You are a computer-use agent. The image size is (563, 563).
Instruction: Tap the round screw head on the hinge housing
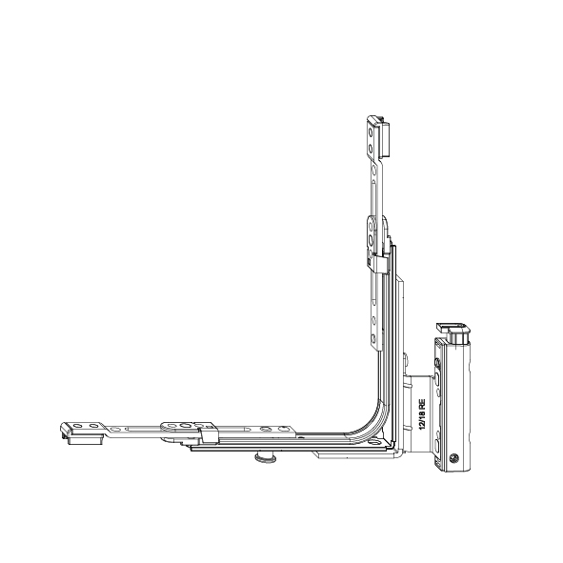coord(453,458)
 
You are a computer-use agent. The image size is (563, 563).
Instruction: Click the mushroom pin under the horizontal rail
coord(264,457)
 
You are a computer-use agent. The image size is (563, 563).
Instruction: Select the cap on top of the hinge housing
coord(453,332)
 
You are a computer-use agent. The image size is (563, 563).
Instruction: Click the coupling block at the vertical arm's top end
coord(384,138)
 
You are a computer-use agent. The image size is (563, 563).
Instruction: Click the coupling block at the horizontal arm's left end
coord(83,439)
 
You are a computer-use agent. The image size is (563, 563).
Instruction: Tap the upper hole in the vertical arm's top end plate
coord(371,132)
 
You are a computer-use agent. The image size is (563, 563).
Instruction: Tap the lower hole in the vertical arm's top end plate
coord(371,148)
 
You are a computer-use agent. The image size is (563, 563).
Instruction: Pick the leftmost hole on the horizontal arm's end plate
coord(77,426)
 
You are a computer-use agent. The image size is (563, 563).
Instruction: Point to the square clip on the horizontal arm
coord(210,435)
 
